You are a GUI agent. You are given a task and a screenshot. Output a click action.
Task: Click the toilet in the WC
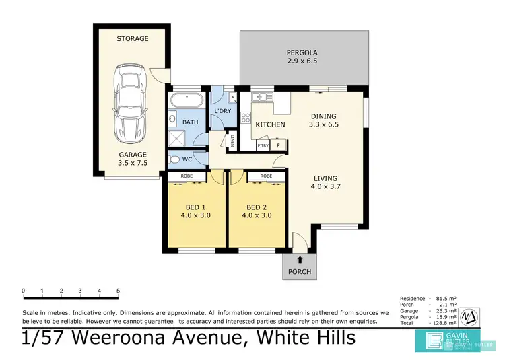pos(176,159)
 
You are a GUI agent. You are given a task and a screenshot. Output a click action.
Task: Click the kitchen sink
pos(259,98)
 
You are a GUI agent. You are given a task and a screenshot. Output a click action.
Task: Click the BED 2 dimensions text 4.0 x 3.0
pos(257,216)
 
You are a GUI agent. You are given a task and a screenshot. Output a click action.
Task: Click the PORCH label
pos(300,272)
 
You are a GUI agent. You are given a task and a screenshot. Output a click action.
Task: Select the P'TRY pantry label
pos(263,145)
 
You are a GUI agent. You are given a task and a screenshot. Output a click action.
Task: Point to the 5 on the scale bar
pos(119,291)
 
